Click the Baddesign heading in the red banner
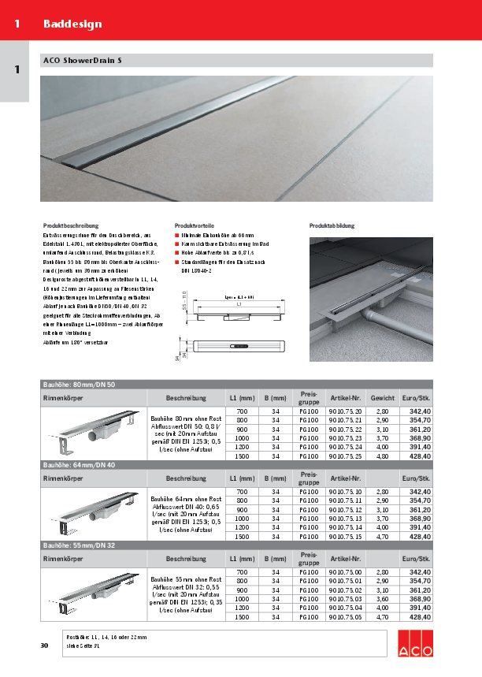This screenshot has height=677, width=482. (72, 24)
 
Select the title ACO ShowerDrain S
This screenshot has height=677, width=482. (82, 61)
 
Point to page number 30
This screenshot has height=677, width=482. (44, 646)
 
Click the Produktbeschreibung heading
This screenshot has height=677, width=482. (69, 225)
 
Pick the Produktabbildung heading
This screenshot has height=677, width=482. (332, 225)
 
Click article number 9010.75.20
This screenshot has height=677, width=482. (345, 411)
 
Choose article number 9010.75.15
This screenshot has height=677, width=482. (345, 535)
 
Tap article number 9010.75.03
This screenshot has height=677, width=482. (345, 599)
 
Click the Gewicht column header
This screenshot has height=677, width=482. (383, 397)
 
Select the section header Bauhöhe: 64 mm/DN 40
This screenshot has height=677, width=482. (79, 465)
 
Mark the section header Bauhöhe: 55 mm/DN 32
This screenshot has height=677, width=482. (79, 545)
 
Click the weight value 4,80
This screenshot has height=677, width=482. (383, 456)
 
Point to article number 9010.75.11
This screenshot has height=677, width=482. (345, 500)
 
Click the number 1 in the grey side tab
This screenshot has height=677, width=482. (16, 70)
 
